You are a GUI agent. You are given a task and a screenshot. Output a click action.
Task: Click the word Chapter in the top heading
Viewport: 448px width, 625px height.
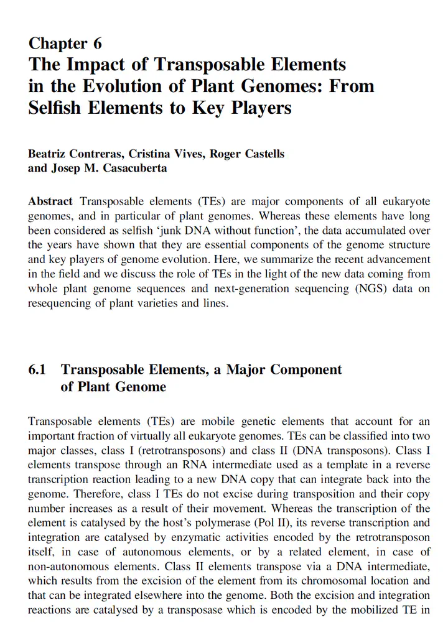point(58,44)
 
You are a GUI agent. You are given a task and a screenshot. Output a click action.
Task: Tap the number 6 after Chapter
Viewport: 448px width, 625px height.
point(97,44)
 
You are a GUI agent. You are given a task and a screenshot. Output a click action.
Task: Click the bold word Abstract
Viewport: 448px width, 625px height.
point(50,202)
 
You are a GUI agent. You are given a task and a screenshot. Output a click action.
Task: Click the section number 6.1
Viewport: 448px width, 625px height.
point(38,369)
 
